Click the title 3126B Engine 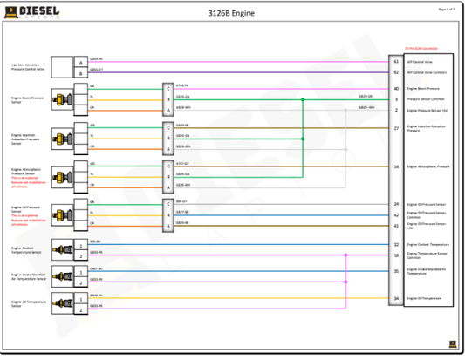(232, 13)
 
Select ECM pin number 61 (396, 62)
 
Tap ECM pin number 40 (396, 88)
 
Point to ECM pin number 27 (396, 128)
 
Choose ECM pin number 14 (396, 166)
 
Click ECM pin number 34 (396, 298)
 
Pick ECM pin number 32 (396, 245)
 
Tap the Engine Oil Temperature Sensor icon (64, 302)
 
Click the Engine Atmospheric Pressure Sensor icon (64, 174)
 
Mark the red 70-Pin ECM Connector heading (421, 49)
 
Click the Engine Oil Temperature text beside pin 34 (424, 298)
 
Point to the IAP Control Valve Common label (427, 72)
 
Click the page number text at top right (448, 9)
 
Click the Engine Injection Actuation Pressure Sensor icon (64, 137)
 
